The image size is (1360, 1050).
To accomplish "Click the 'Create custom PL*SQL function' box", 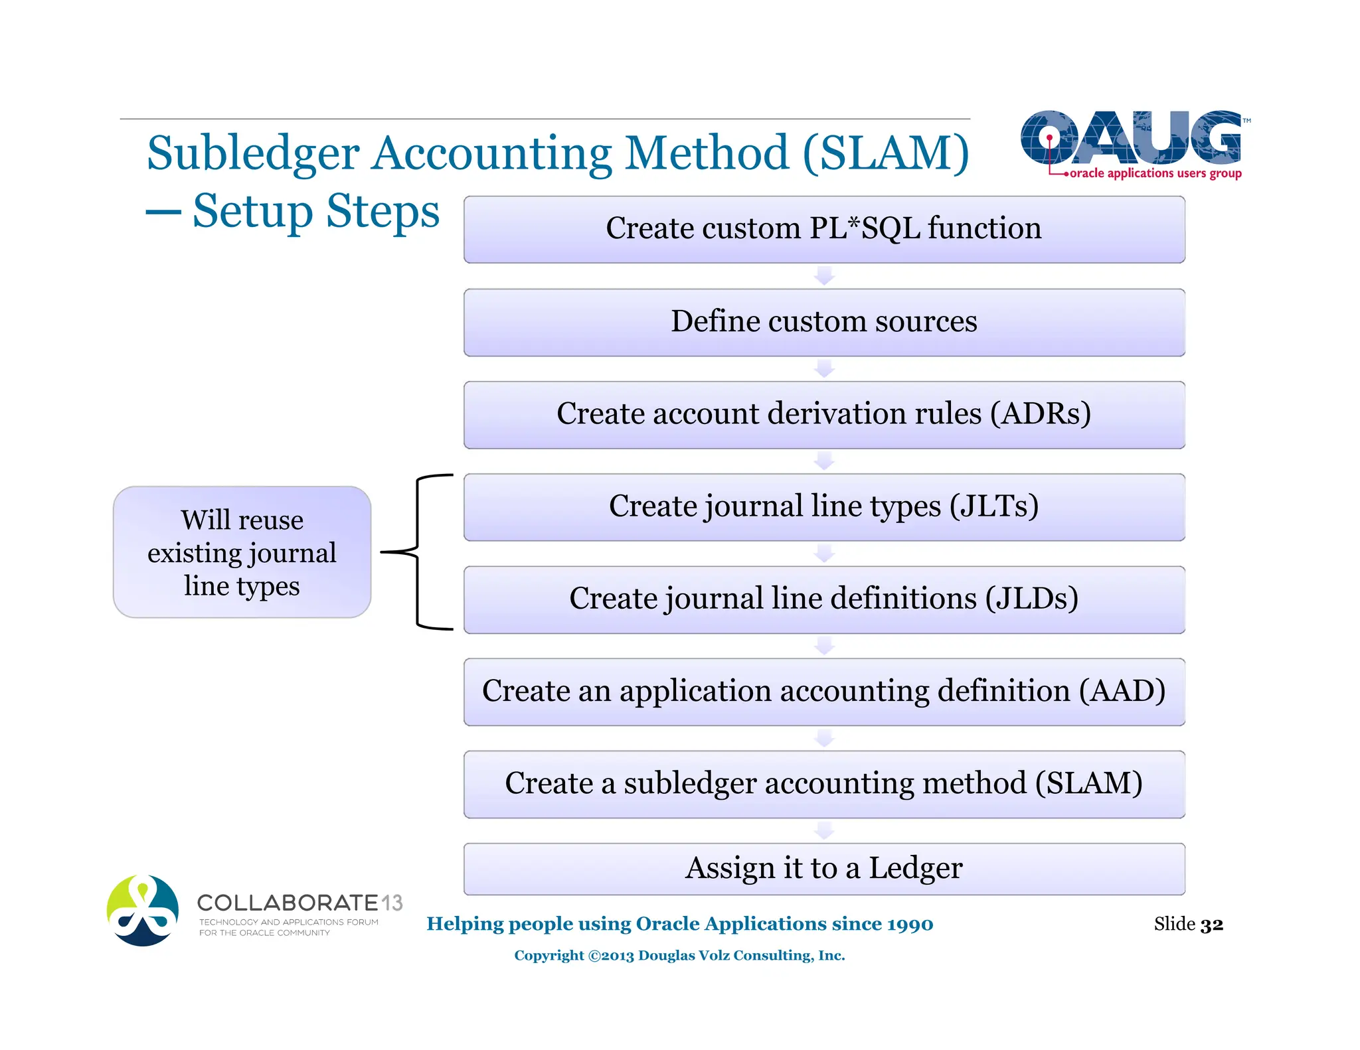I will coord(823,229).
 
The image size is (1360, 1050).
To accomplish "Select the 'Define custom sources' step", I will coord(823,322).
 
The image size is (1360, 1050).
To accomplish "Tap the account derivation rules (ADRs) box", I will coord(823,414).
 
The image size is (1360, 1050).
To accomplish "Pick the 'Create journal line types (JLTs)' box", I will coord(823,506).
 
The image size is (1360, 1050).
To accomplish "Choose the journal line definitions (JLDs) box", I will coord(823,599).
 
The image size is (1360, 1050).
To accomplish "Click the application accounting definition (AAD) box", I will coord(823,691).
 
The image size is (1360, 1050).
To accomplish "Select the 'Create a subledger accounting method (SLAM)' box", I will coord(823,783).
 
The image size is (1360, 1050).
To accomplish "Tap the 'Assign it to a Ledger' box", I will coord(823,868).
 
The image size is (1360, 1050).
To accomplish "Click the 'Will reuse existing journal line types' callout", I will coord(242,552).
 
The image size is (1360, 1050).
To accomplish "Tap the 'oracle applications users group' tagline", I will coord(1155,173).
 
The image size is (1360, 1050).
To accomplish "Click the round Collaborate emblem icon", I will coord(143,910).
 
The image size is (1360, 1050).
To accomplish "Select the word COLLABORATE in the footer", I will coord(288,903).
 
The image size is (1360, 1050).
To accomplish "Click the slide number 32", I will coord(1211,924).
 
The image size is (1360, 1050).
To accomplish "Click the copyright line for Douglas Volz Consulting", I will coord(679,955).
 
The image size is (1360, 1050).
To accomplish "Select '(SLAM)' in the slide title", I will coord(886,153).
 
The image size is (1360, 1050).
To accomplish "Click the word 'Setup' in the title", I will coord(252,211).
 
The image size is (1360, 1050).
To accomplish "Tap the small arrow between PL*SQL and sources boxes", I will coord(824,275).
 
